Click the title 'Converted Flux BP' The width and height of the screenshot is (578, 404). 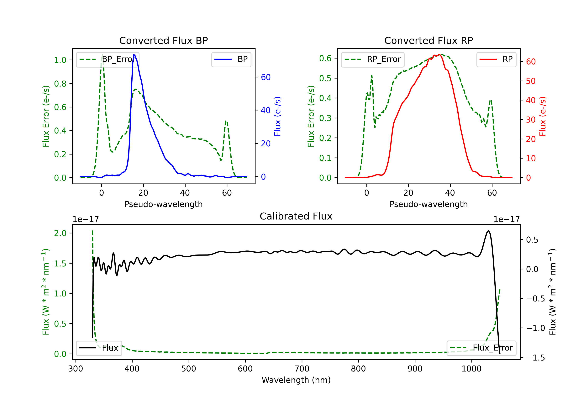pos(163,40)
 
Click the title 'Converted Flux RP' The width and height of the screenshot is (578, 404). pos(428,40)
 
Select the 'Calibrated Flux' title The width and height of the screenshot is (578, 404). pos(296,216)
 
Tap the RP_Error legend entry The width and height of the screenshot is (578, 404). pos(373,59)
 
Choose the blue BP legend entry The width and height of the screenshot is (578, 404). pos(231,59)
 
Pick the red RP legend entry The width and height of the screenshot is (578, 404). pos(496,59)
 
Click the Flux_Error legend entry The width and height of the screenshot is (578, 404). pos(481,348)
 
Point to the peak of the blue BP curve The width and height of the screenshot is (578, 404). pos(134,55)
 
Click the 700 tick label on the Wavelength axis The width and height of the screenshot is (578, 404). pos(302,369)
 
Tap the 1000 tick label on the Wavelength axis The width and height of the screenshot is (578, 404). pos(471,369)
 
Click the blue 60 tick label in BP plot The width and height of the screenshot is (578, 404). pos(266,77)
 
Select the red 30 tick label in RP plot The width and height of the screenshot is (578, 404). pos(531,120)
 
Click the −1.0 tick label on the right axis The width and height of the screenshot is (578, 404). pos(535,328)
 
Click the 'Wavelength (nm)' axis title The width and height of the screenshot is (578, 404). pos(296,380)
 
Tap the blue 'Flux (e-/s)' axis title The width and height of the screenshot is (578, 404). pos(277,116)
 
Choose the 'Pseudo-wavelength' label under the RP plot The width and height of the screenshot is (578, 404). pos(428,204)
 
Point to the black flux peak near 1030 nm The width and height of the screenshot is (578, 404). pos(488,230)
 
